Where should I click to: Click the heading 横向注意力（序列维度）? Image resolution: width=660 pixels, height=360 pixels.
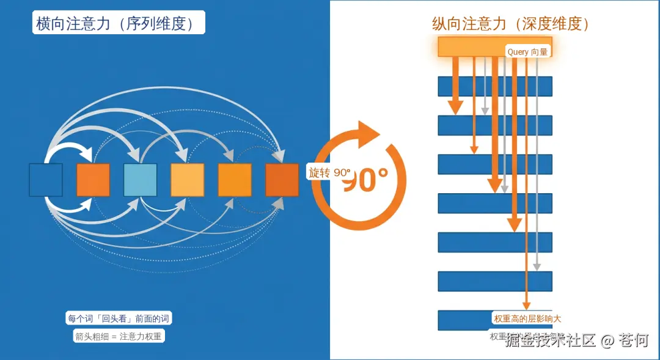coord(118,23)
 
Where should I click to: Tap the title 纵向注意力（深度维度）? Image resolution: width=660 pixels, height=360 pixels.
coord(510,24)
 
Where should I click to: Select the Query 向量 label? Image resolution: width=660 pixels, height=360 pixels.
coord(527,52)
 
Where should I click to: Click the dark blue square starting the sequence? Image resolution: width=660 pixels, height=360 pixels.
coord(46,180)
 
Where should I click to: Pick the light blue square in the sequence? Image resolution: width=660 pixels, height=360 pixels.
coord(141,180)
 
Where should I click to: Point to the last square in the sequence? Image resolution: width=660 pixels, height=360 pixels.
coord(282,180)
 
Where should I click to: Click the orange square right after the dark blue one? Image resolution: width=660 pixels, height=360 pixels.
coord(93,180)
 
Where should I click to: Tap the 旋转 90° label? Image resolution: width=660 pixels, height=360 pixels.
coord(329,172)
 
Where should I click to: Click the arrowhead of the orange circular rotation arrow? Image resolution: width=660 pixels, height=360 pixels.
coord(369,131)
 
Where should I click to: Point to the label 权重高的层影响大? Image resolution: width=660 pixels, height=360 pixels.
coord(527,318)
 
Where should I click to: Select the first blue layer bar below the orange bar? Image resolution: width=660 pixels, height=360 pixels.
coord(495,86)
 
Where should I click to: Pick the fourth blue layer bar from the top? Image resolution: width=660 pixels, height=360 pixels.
coord(495,203)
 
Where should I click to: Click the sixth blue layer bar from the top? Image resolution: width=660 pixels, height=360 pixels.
coord(495,281)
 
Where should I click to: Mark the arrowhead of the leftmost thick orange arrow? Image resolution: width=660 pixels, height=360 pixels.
coord(455,109)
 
